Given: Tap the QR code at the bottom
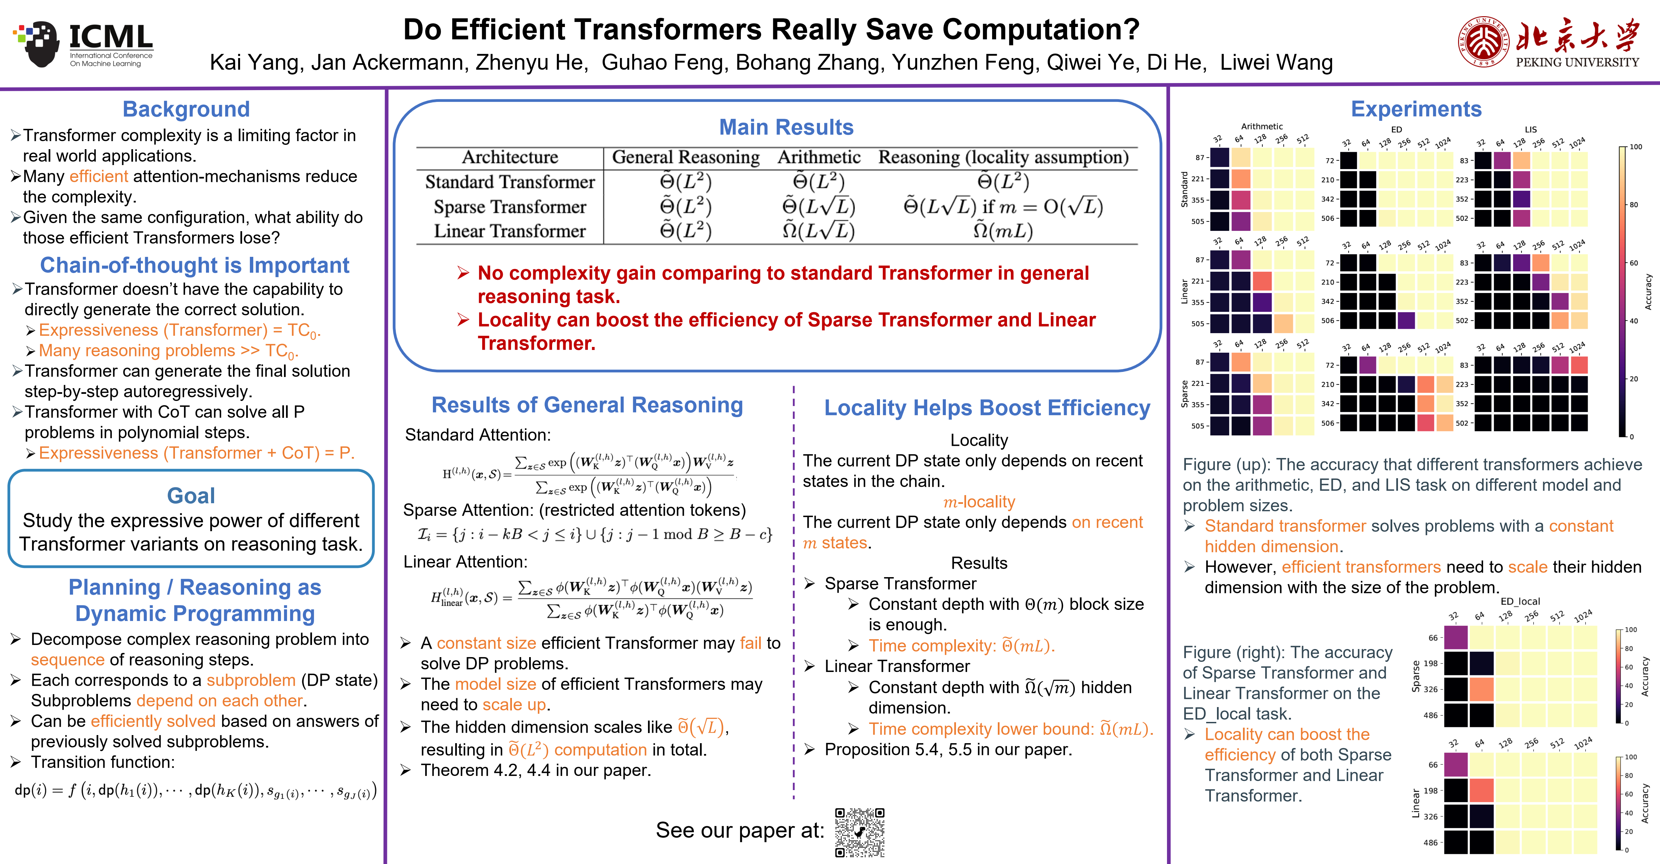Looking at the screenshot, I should coord(860,832).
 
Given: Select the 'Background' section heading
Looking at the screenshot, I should coord(186,109).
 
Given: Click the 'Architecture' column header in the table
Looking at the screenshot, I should coord(510,157).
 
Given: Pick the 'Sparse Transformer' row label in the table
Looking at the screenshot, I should coord(510,207).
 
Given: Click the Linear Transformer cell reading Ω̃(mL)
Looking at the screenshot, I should coord(1003,231).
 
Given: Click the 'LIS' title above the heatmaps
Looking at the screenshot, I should coord(1530,130).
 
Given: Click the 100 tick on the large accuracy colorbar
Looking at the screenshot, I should coord(1635,147).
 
